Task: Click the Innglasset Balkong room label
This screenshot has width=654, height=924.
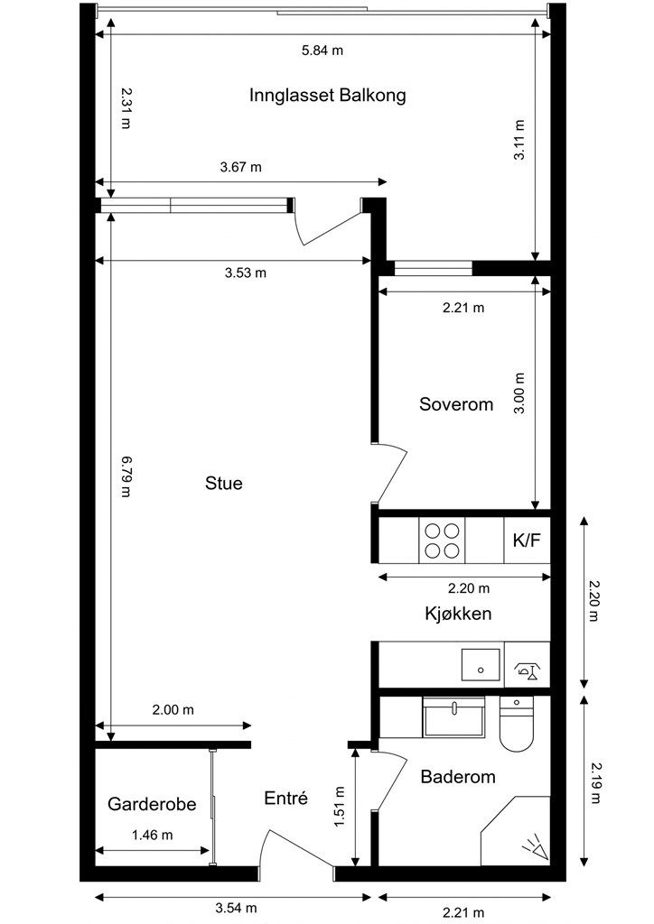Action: [327, 95]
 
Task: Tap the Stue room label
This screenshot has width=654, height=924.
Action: [224, 484]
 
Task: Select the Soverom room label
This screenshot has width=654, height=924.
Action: [456, 404]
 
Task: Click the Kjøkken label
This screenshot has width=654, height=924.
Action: [458, 614]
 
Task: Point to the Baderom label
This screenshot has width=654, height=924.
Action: [458, 776]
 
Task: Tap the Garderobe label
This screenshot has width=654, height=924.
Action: [152, 803]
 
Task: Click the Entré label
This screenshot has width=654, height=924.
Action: [286, 798]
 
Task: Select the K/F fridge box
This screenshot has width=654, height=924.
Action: [527, 541]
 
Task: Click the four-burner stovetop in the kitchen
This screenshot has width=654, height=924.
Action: [443, 541]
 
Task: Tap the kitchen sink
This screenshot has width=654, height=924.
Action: [481, 665]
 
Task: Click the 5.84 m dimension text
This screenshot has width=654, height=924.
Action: [322, 51]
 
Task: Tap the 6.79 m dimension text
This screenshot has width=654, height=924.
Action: [126, 479]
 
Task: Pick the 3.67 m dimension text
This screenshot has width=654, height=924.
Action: [241, 167]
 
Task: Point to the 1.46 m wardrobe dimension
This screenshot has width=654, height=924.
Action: [152, 835]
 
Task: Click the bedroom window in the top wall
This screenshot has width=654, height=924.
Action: [434, 267]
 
